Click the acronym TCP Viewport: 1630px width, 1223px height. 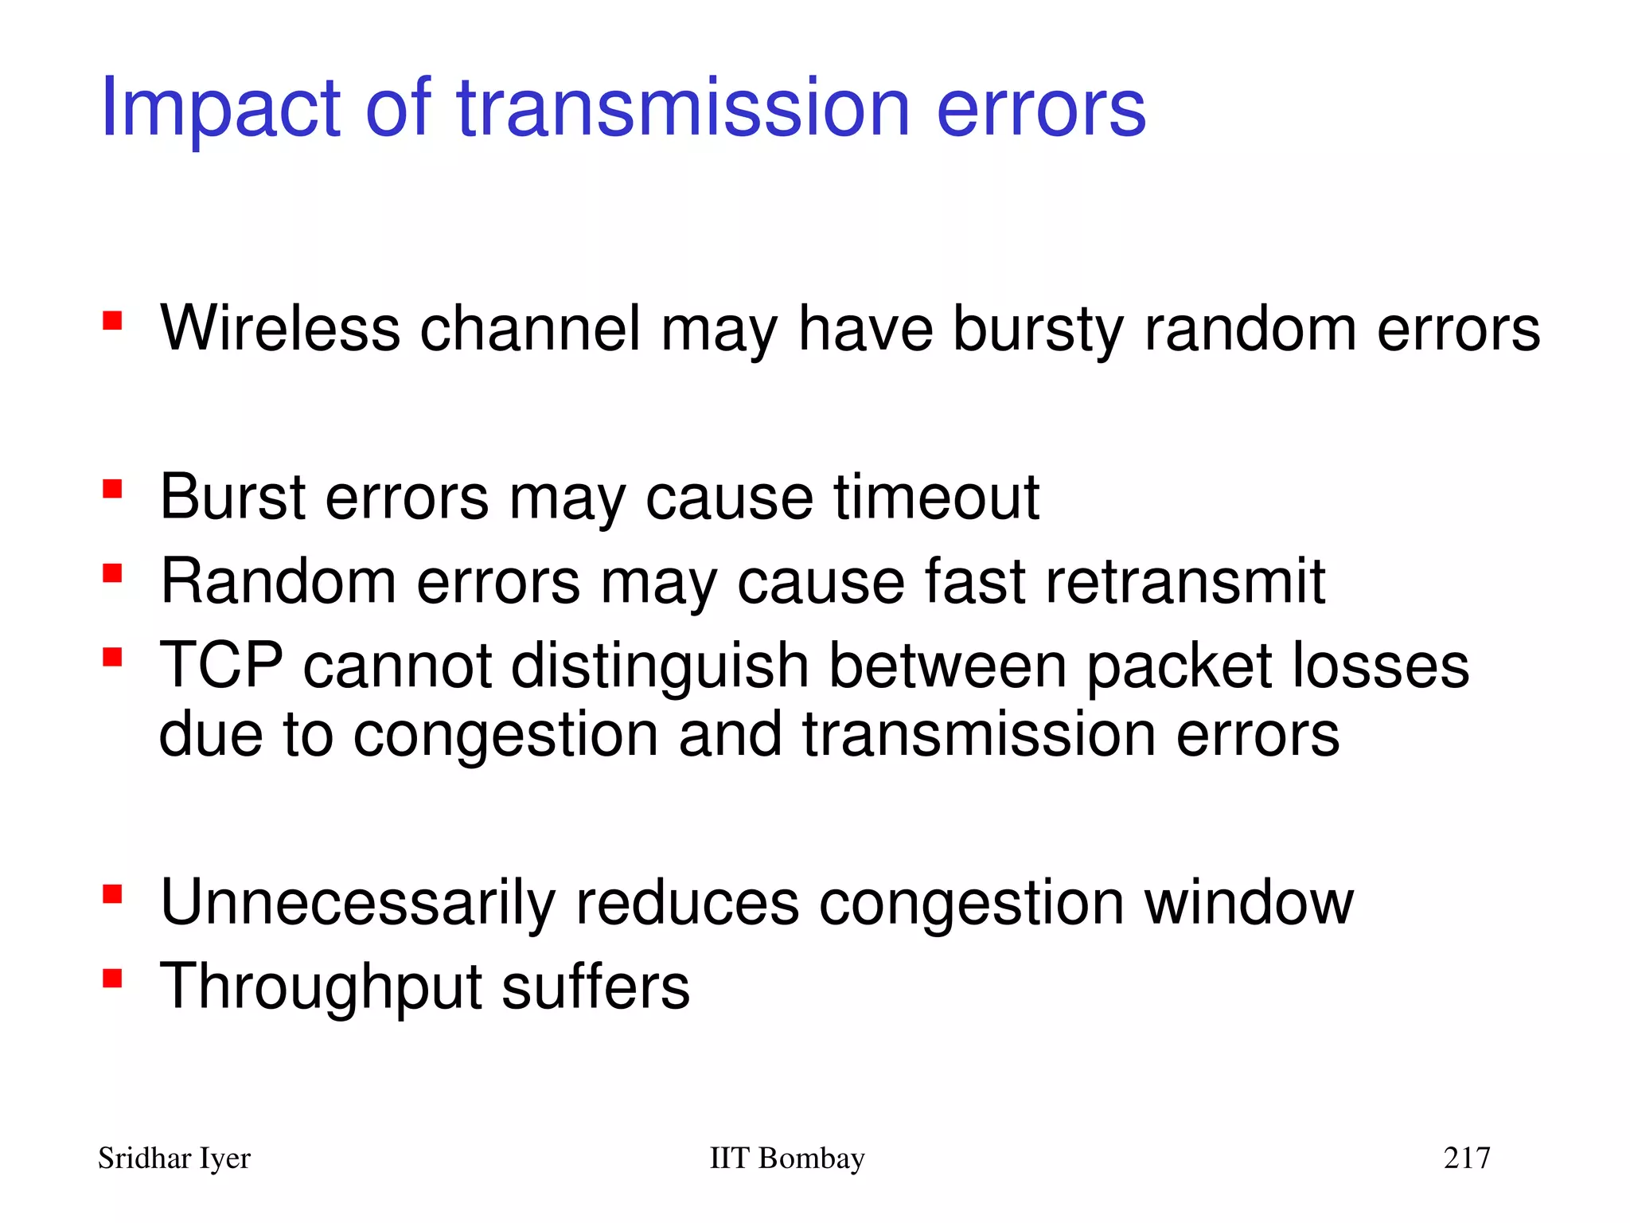[x=221, y=665]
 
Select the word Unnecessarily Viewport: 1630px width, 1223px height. [x=357, y=904]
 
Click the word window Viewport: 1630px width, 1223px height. [x=1249, y=902]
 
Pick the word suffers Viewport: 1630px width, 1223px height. [x=595, y=987]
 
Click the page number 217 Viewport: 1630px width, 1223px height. [x=1467, y=1158]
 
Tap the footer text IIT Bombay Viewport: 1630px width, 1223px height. [x=786, y=1158]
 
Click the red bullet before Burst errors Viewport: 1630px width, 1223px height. [x=112, y=488]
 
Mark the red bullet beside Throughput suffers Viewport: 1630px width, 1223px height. [x=112, y=978]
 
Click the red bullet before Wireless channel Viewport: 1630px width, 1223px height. [x=112, y=320]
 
